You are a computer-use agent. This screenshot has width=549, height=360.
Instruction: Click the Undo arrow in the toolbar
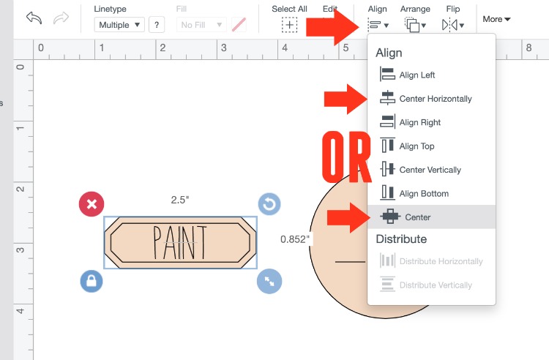click(34, 18)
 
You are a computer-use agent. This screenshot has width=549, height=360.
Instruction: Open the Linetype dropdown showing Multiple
click(119, 25)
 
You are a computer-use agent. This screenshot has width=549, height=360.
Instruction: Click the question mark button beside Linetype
click(157, 25)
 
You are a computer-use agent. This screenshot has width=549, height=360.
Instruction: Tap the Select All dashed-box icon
click(290, 25)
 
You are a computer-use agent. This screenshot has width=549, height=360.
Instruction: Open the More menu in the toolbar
click(496, 19)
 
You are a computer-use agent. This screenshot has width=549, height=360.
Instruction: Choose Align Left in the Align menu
click(408, 75)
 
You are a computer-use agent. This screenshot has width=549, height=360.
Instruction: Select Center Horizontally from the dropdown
click(426, 98)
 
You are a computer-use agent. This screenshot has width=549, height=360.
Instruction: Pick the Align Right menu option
click(411, 122)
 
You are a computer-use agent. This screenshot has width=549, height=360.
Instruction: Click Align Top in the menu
click(407, 146)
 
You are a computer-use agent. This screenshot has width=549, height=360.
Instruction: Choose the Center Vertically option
click(420, 170)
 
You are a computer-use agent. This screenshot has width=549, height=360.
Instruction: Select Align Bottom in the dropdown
click(414, 193)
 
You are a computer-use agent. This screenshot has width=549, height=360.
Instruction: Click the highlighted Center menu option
click(431, 217)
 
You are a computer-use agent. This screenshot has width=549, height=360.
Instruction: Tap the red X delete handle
click(91, 204)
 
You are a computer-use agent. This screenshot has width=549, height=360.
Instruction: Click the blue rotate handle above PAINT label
click(269, 204)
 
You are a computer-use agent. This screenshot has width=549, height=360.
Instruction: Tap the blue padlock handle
click(91, 281)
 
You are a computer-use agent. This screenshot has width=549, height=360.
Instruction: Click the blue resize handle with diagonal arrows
click(269, 281)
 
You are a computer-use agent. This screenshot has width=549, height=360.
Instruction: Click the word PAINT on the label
click(179, 242)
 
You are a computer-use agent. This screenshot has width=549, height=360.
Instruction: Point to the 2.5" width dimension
click(180, 200)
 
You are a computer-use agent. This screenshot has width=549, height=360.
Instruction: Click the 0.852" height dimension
click(295, 239)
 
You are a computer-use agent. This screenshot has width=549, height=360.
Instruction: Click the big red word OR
click(346, 157)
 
